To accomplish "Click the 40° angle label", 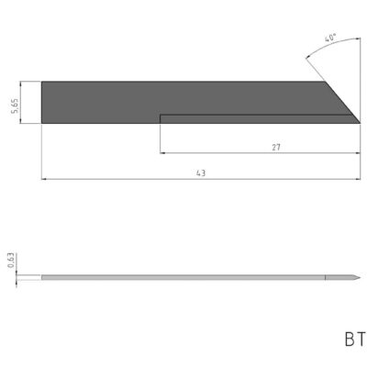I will coord(329,39).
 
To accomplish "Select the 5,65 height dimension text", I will coord(28,101).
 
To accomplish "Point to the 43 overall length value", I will coord(200,172).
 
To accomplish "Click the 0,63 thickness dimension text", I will coord(10,261).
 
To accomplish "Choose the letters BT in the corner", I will coord(354,339).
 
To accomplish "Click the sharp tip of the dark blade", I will coord(359,122).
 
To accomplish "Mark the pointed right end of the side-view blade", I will coord(359,277).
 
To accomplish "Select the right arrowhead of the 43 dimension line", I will coord(356,179).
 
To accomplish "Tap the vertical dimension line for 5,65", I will coord(36,101).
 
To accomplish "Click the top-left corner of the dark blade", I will coord(43,81).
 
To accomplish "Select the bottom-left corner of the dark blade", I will coord(43,122).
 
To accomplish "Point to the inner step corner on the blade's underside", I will coord(161,115).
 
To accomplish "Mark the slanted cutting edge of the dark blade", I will coord(341,101).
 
